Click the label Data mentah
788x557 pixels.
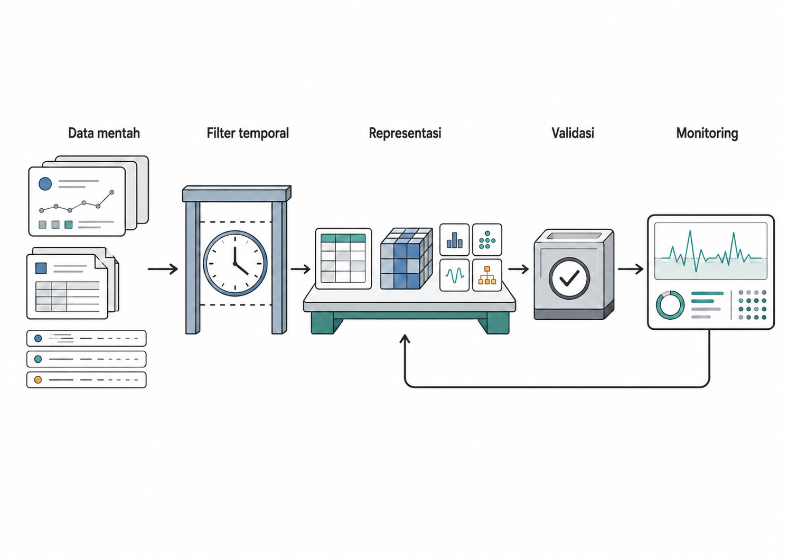tap(104, 133)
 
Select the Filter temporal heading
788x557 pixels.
tap(248, 133)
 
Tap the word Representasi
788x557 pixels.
tap(405, 133)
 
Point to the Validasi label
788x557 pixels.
tap(573, 133)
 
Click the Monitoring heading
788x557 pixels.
tap(707, 134)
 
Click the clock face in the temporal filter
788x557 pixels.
tap(235, 263)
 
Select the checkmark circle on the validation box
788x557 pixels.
tap(569, 278)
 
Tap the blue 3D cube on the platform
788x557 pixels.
tap(406, 258)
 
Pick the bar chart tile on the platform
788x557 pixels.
tap(454, 239)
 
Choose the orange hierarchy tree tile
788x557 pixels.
tap(487, 275)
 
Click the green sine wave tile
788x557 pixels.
tap(454, 275)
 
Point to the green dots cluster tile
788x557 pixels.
tap(487, 239)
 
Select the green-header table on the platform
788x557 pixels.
tap(343, 258)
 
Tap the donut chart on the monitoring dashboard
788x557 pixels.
tap(670, 305)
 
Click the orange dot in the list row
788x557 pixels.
tap(38, 379)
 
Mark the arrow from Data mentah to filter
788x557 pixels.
tap(163, 269)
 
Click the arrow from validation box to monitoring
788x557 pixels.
tap(631, 269)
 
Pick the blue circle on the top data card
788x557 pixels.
tap(45, 184)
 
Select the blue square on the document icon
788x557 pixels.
tap(41, 268)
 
